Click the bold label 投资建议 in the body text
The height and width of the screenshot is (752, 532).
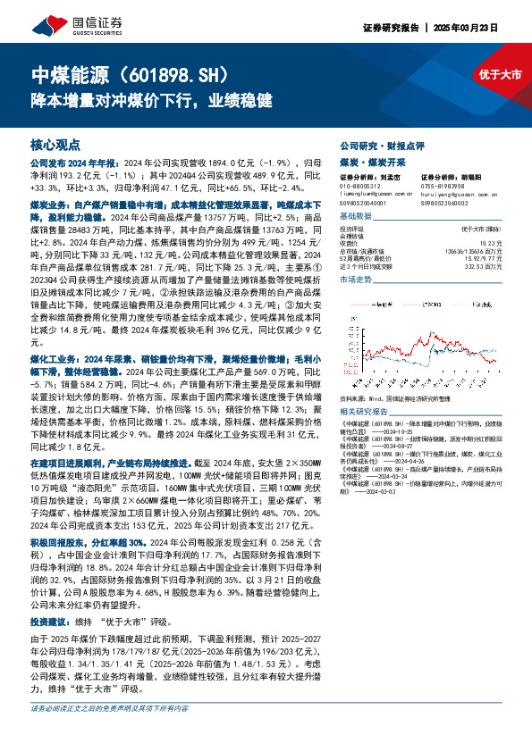47,619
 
